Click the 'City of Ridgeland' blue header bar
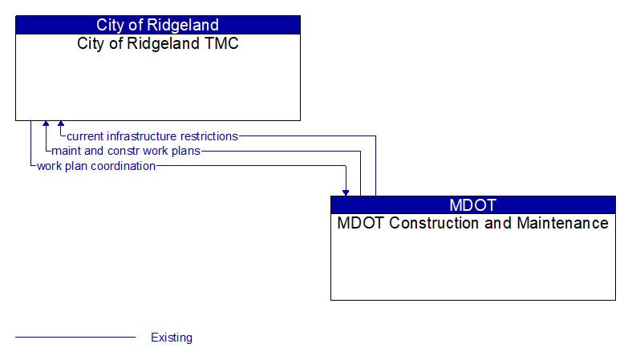pyautogui.click(x=157, y=25)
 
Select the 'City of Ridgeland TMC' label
pyautogui.click(x=157, y=44)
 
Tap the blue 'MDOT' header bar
pyautogui.click(x=472, y=204)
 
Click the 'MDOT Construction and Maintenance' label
pyautogui.click(x=472, y=224)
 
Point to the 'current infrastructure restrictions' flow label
pyautogui.click(x=152, y=136)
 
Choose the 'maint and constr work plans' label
pyautogui.click(x=126, y=151)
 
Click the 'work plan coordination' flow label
pyautogui.click(x=96, y=166)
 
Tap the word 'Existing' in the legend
pyautogui.click(x=172, y=338)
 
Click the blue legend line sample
pyautogui.click(x=75, y=338)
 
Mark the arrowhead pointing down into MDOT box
pyautogui.click(x=346, y=192)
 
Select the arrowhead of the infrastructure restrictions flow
pyautogui.click(x=61, y=124)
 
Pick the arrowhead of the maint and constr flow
pyautogui.click(x=46, y=124)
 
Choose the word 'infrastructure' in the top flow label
pyautogui.click(x=143, y=136)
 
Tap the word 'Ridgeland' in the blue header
pyautogui.click(x=186, y=25)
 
